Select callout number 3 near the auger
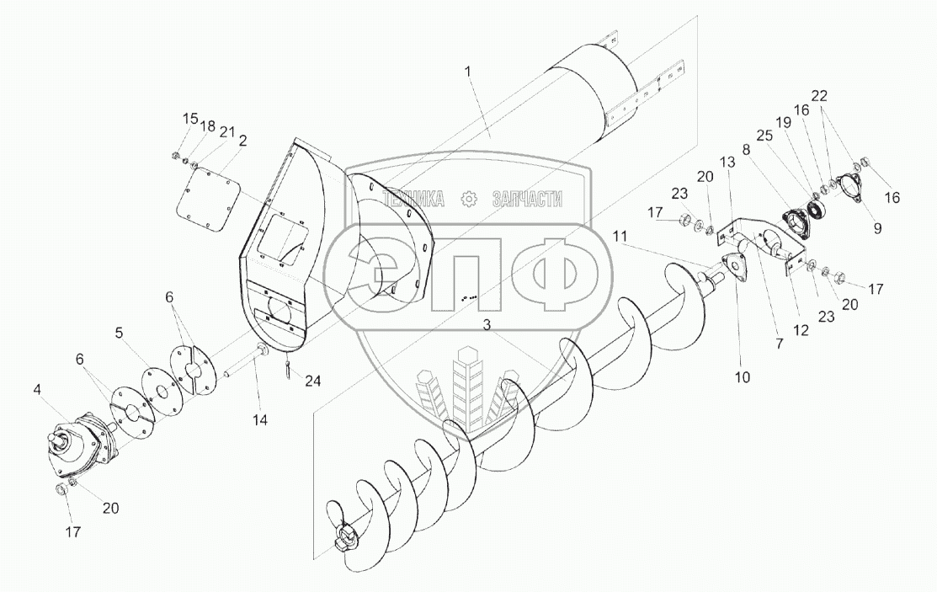[487, 326]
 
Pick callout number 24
[313, 381]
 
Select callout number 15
[188, 117]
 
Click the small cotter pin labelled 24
[288, 367]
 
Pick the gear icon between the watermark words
[468, 199]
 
